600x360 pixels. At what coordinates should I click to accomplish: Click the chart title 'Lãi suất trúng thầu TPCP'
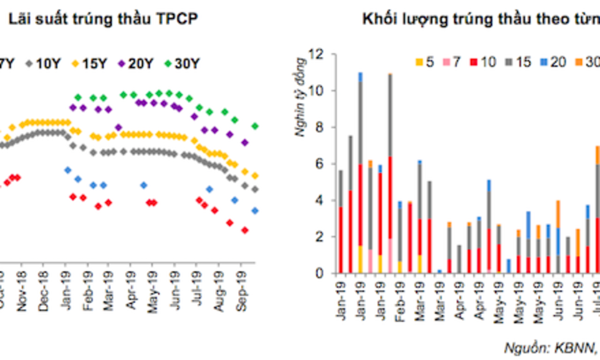coord(102,19)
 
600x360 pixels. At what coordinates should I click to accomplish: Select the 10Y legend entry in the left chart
coord(42,63)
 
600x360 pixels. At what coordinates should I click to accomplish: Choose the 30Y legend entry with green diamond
coord(180,63)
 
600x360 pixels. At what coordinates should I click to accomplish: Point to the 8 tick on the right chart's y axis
coord(319,127)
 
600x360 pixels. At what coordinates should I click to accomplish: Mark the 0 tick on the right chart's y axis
coord(319,273)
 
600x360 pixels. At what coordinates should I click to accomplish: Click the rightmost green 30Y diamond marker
coord(255,126)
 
